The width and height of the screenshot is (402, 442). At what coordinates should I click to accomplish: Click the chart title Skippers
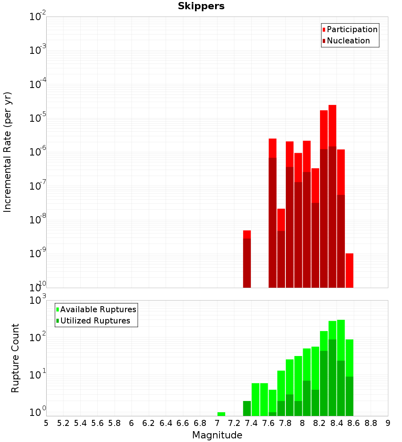click(x=201, y=6)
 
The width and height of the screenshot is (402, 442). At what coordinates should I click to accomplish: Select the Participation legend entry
click(x=352, y=29)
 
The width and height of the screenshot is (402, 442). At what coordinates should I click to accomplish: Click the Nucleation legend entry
click(x=348, y=41)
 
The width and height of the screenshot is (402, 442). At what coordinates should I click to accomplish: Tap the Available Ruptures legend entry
click(x=98, y=309)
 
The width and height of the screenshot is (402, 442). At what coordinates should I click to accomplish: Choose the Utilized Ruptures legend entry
click(x=95, y=321)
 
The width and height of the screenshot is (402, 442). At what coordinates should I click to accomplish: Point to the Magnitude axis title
click(x=217, y=435)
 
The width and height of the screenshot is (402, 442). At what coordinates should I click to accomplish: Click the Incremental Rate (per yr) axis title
click(x=8, y=152)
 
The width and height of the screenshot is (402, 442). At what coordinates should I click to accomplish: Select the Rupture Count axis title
click(x=15, y=358)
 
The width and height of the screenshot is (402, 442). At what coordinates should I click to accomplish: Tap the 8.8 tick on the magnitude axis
click(x=371, y=423)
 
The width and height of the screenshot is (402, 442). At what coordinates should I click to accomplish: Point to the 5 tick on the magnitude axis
click(x=46, y=423)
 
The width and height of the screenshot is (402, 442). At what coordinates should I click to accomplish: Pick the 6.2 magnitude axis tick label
click(x=149, y=423)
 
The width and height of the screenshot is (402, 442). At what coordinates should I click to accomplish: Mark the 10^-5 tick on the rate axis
click(x=37, y=118)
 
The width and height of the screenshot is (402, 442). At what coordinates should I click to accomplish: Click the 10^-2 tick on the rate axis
click(x=37, y=17)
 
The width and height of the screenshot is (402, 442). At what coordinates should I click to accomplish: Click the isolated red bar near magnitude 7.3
click(x=247, y=259)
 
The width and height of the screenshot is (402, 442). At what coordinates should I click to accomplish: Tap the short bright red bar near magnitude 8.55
click(x=349, y=270)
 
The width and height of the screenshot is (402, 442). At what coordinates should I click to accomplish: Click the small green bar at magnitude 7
click(x=221, y=414)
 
